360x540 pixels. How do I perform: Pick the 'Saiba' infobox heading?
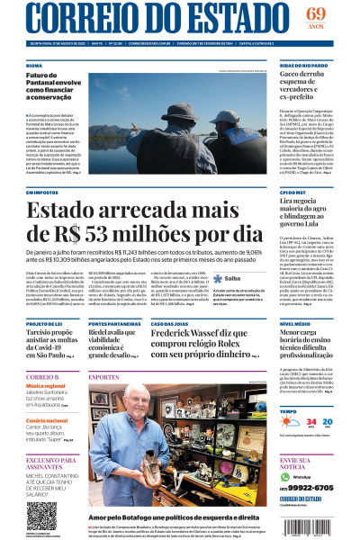(225, 279)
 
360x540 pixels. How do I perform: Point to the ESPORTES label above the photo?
(104, 376)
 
